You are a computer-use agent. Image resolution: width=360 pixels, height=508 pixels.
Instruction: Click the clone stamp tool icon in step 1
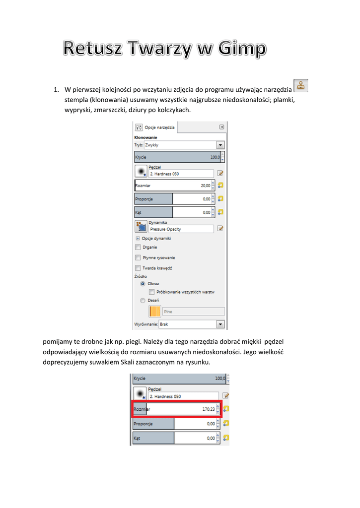(300, 85)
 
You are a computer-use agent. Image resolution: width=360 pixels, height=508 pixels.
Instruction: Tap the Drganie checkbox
(138, 247)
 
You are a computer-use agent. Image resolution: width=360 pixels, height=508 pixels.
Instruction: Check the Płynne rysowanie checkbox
(138, 257)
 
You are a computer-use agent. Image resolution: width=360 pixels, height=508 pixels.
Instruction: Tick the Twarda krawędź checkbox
(138, 268)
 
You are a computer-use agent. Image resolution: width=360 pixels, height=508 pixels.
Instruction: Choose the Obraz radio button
(143, 284)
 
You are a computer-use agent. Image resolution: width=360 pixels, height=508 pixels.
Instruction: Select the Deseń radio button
(143, 300)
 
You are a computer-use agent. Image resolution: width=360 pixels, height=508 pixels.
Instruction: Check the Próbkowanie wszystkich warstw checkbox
(151, 292)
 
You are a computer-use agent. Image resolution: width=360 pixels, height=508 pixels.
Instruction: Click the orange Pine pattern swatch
(154, 312)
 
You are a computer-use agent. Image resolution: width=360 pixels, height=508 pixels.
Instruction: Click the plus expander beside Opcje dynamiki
(138, 238)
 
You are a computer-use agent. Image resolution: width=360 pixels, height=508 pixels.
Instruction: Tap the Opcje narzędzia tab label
(159, 127)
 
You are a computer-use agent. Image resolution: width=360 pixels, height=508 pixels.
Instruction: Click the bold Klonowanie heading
(146, 137)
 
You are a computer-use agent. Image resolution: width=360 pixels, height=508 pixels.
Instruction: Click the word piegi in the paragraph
(127, 341)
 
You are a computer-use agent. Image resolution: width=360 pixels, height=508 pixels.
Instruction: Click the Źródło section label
(141, 276)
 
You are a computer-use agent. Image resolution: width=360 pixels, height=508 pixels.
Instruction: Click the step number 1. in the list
(57, 90)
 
